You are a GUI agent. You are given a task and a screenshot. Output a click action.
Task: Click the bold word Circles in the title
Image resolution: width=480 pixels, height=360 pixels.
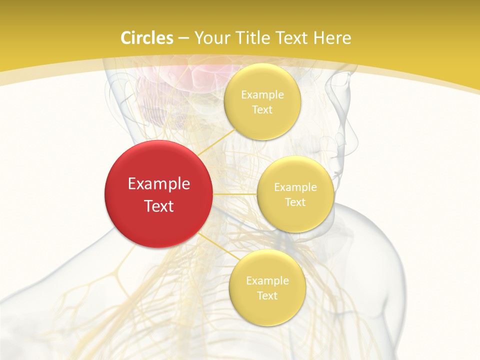146,38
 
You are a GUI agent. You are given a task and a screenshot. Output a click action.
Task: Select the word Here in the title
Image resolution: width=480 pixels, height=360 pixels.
332,38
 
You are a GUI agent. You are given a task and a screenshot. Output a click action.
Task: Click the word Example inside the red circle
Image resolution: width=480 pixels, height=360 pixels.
159,184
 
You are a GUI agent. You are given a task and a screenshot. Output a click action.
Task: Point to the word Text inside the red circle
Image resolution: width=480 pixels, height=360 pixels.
159,206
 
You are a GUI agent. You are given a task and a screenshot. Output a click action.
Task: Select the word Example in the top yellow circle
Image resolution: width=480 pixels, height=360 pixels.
262,95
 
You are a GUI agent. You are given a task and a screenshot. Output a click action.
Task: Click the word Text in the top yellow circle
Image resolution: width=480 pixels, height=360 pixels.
262,110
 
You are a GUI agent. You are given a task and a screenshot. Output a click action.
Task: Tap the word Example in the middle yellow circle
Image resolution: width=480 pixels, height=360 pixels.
295,187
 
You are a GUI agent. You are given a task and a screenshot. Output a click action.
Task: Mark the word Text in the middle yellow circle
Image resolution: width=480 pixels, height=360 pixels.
295,202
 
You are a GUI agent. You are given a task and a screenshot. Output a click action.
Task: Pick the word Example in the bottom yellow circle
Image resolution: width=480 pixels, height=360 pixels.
267,281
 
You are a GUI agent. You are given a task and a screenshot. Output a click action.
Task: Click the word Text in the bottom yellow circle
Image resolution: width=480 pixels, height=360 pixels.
267,296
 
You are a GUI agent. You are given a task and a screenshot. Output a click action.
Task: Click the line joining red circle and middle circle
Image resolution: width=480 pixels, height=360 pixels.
235,194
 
